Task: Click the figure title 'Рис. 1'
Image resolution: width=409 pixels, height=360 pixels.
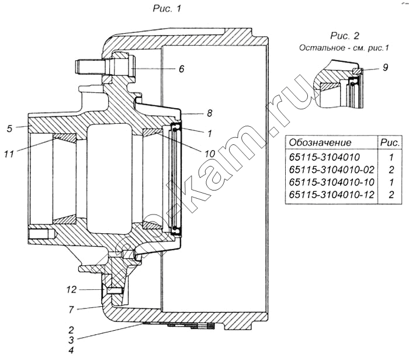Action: [167, 9]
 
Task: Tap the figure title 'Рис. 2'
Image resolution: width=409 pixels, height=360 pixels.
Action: [345, 36]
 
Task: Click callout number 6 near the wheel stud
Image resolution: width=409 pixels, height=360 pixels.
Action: [182, 69]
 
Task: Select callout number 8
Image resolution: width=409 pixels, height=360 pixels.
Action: [209, 113]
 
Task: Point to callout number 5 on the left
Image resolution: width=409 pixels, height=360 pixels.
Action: [10, 128]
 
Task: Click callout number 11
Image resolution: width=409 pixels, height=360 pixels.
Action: [9, 154]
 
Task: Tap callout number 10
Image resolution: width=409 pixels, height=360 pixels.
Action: [209, 154]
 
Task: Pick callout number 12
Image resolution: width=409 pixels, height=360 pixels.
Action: [71, 289]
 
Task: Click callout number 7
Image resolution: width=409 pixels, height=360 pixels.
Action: [71, 310]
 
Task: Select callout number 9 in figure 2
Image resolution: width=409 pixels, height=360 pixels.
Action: [385, 68]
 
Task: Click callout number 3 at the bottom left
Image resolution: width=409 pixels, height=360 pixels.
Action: [71, 340]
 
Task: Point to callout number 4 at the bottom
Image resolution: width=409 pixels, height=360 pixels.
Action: [71, 350]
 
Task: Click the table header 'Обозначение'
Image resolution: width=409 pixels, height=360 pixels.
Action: [320, 143]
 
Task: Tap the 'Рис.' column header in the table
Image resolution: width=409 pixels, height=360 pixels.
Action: [390, 143]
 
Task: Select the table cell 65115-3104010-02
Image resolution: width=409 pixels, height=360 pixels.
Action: [332, 169]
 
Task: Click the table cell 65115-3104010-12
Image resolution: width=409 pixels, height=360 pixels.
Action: [332, 195]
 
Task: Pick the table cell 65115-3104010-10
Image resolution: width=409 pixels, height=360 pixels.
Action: [332, 182]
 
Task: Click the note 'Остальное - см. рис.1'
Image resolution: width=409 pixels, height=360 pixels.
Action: [344, 48]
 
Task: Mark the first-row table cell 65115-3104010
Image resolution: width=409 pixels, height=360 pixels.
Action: [324, 157]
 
